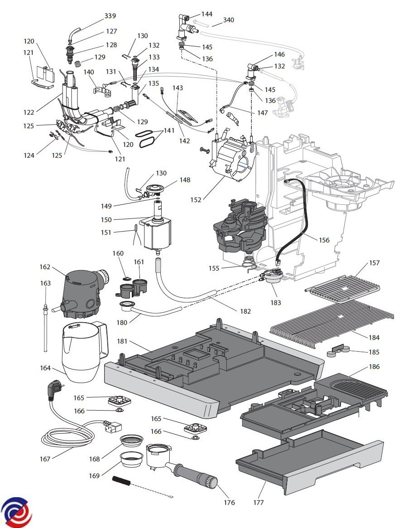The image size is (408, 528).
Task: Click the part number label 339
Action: point(110,16)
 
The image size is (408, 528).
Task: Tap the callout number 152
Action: point(196,200)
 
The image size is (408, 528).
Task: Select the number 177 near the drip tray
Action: point(258,503)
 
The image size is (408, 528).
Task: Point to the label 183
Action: point(275,302)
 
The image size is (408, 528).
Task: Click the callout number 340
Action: point(228,20)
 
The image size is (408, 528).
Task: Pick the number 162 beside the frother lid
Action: point(45,266)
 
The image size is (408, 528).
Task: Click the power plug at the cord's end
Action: point(53,390)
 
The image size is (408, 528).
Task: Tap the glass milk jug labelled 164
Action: point(84,352)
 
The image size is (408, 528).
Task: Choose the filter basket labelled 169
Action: point(132,459)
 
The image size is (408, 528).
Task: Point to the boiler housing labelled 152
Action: point(233,156)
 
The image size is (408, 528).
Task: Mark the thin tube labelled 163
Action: point(45,327)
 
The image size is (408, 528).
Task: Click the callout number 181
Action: point(122,341)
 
